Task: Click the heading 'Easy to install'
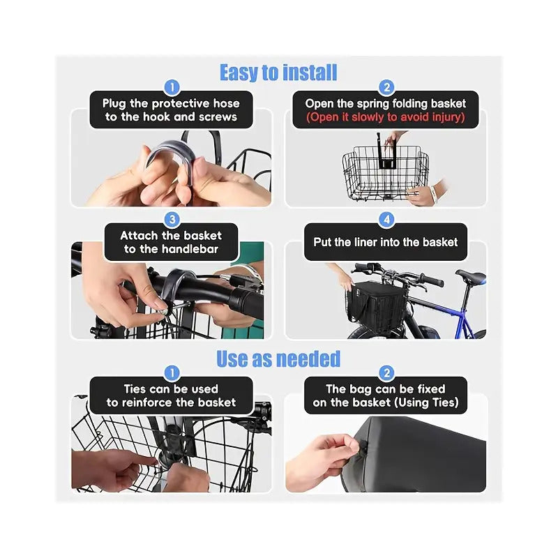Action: pos(278,73)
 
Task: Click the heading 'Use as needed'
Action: pos(278,359)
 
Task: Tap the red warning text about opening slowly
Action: pos(386,117)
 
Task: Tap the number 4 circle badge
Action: pos(386,219)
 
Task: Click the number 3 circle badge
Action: pos(172,219)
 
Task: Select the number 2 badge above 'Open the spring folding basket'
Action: pos(386,87)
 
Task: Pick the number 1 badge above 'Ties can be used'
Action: pos(172,373)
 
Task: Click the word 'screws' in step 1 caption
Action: pos(218,117)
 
